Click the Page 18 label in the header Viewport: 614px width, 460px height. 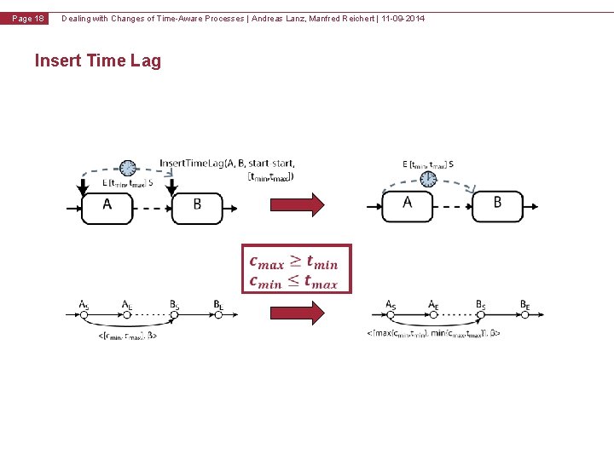[29, 19]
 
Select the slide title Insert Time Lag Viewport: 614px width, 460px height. [97, 60]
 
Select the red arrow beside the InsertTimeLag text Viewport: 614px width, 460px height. [298, 204]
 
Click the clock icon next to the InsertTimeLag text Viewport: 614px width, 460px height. [128, 167]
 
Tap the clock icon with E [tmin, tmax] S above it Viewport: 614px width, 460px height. [428, 179]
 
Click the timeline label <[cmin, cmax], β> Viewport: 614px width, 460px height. [128, 336]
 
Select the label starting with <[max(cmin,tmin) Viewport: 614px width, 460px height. [434, 333]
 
